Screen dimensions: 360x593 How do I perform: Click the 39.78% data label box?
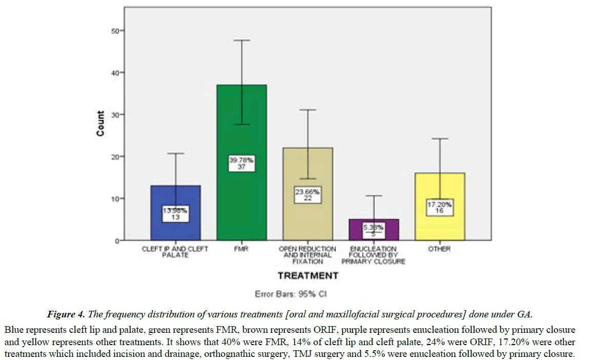[241, 163]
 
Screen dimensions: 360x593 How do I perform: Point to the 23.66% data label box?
[308, 195]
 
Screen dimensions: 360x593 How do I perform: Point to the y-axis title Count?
[100, 124]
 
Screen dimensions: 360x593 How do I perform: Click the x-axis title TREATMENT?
[308, 276]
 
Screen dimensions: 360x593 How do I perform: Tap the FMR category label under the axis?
[241, 249]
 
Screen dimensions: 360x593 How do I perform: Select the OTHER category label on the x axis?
[440, 249]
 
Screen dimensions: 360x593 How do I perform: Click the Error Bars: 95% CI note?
[291, 295]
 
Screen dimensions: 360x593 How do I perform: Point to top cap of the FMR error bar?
[241, 40]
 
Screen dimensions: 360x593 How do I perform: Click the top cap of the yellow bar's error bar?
[440, 138]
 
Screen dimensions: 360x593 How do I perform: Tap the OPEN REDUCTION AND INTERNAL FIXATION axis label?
[308, 255]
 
